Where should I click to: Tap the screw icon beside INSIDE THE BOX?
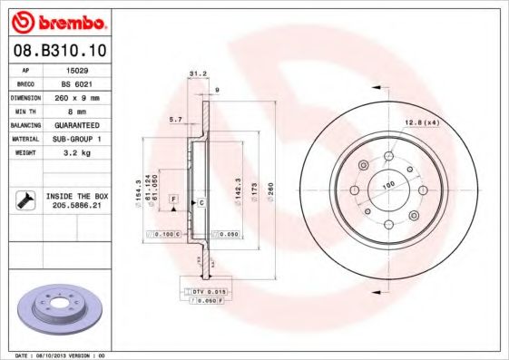[24, 199]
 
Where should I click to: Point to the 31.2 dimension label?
[193, 74]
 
